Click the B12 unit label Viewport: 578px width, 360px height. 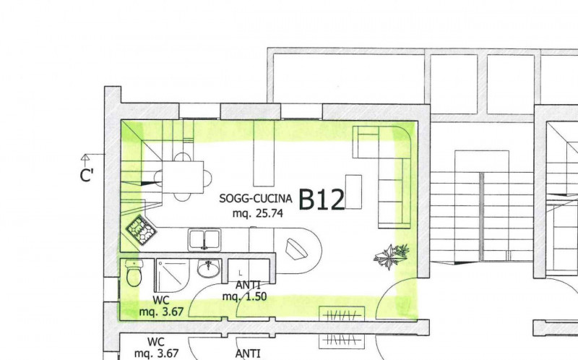[322, 200]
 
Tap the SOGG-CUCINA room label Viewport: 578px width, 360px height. [256, 199]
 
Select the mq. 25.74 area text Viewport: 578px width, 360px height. [258, 213]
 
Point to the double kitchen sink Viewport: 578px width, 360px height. [204, 240]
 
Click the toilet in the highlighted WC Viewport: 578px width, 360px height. [133, 273]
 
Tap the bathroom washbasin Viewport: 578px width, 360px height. [209, 268]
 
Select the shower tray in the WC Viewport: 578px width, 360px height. [173, 276]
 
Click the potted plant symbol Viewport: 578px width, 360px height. [392, 256]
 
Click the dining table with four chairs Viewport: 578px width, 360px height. [183, 177]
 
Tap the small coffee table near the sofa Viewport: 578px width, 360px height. [353, 192]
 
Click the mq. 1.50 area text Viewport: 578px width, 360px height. [244, 297]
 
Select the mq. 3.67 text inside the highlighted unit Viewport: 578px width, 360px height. [161, 312]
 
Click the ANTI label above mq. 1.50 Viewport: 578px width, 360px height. [248, 285]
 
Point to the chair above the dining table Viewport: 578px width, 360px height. [182, 157]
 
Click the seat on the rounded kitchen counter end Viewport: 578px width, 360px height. [296, 248]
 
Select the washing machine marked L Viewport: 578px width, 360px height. [249, 271]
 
